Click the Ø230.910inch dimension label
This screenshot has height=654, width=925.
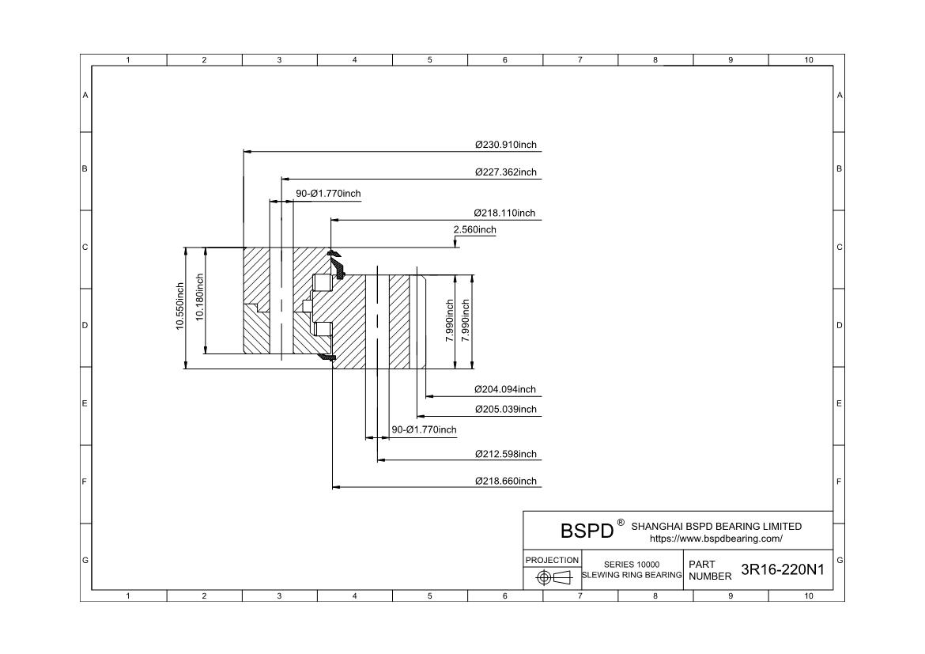click(505, 145)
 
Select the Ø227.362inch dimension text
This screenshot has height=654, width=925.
click(505, 172)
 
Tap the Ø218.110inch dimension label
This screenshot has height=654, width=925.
click(504, 213)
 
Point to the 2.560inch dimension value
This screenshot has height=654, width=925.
click(474, 230)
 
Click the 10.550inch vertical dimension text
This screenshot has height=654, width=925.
click(180, 307)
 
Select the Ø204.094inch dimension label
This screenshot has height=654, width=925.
click(504, 389)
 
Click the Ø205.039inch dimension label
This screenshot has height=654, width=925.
click(505, 409)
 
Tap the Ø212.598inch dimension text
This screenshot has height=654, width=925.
click(505, 454)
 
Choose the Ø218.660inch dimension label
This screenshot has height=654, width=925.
click(505, 481)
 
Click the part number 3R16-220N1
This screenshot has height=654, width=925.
click(783, 570)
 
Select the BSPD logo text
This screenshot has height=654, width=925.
click(587, 530)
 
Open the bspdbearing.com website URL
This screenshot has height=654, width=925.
click(715, 539)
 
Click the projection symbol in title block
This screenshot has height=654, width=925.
click(553, 577)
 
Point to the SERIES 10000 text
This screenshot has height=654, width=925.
click(632, 564)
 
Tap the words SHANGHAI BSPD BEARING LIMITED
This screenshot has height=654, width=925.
click(716, 526)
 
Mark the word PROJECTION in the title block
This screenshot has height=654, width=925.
click(552, 560)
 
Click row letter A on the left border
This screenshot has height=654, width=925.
click(85, 95)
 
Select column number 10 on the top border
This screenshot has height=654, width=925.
click(808, 60)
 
